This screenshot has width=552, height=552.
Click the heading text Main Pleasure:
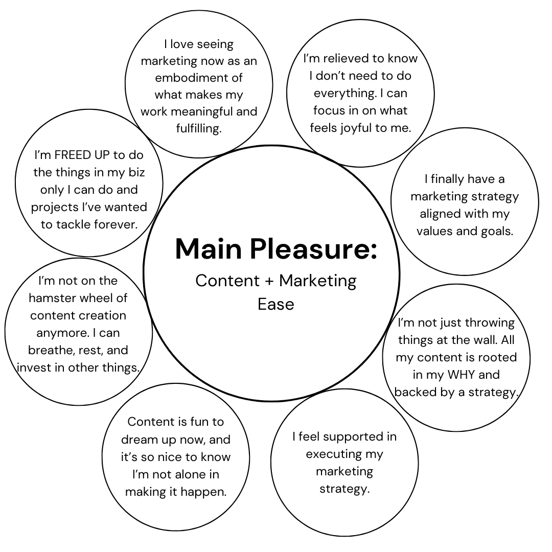tap(276, 249)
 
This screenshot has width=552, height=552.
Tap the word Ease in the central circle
tap(276, 304)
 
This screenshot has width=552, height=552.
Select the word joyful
tap(356, 128)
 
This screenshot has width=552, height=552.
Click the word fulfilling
tap(199, 129)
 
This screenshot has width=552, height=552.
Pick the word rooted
tap(498, 357)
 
